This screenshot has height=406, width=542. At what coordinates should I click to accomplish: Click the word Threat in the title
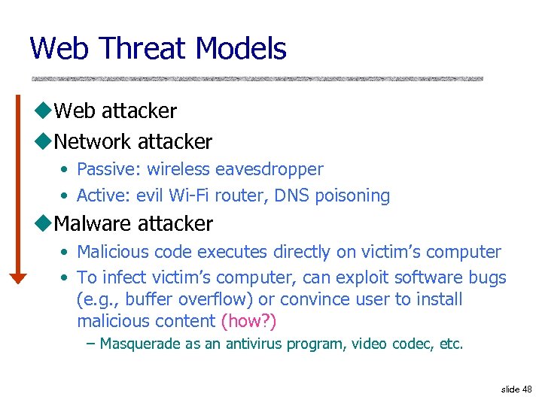142,49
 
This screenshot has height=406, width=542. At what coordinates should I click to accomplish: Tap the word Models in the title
241,49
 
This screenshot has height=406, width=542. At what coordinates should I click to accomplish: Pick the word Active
104,196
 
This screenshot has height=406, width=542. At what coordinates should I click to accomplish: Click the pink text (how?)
249,321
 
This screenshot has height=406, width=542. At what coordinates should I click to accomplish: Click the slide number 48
527,389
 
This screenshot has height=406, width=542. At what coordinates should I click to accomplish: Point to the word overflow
212,299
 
